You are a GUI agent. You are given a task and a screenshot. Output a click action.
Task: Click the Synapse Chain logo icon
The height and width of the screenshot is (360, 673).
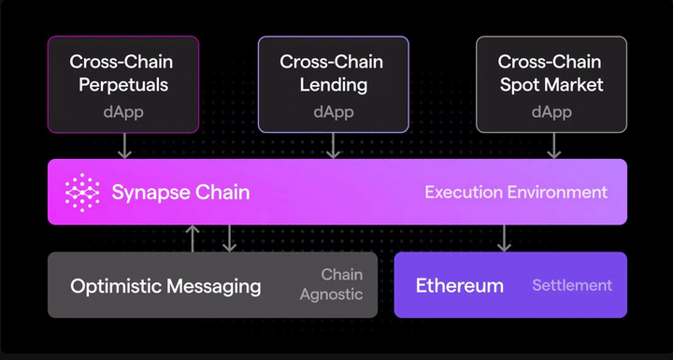(82, 193)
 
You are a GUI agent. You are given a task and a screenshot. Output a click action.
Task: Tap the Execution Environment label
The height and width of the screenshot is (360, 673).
(516, 192)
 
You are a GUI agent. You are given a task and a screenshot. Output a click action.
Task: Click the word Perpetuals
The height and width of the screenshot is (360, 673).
(123, 85)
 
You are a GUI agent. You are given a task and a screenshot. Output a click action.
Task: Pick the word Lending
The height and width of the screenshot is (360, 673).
(334, 85)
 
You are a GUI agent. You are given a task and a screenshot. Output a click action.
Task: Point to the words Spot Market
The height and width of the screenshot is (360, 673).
(551, 85)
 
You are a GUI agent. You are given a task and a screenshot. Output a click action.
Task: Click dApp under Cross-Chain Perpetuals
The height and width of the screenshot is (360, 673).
(123, 112)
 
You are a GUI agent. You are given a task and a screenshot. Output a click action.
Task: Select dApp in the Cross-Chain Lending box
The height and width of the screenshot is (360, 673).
(334, 112)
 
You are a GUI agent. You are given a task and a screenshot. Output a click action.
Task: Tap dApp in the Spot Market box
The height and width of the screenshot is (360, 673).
(551, 112)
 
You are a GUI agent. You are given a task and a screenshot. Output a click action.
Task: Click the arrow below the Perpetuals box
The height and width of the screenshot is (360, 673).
(124, 146)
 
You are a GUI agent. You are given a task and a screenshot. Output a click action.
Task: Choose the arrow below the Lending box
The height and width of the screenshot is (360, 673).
(333, 146)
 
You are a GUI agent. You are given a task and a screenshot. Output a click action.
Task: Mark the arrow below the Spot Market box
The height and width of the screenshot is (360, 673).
(553, 146)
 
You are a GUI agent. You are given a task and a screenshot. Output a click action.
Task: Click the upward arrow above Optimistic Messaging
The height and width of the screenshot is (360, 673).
(193, 238)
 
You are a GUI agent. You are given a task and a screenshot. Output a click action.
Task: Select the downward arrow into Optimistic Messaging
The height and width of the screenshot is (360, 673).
(229, 238)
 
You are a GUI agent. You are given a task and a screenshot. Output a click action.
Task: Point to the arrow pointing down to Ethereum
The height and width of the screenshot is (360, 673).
(504, 238)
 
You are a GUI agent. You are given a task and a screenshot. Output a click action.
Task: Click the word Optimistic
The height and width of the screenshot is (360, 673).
(116, 286)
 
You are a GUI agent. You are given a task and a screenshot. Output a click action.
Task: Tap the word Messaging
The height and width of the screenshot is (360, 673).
(213, 286)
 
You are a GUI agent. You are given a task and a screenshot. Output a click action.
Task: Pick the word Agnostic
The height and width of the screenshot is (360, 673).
(331, 295)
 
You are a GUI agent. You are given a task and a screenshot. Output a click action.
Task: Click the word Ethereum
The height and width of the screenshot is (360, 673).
(459, 286)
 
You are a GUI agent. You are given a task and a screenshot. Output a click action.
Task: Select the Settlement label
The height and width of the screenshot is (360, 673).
(572, 285)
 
